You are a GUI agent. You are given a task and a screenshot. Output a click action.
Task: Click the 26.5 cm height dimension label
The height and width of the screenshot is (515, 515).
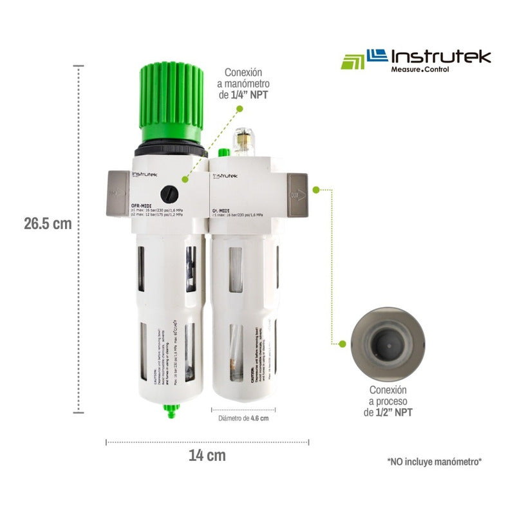(48, 223)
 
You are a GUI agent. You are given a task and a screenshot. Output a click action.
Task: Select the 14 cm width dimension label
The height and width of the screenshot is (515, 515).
(207, 456)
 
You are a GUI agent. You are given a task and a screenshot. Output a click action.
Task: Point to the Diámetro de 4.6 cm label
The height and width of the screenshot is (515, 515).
(243, 418)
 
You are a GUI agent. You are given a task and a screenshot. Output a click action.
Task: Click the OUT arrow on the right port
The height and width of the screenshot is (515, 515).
(297, 194)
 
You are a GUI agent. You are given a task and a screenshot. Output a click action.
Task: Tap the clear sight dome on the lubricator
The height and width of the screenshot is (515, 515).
(243, 140)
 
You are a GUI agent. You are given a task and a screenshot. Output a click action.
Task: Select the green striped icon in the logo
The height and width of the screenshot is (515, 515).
(352, 61)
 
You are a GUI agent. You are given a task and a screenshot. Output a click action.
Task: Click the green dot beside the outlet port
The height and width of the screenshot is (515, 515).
(316, 190)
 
